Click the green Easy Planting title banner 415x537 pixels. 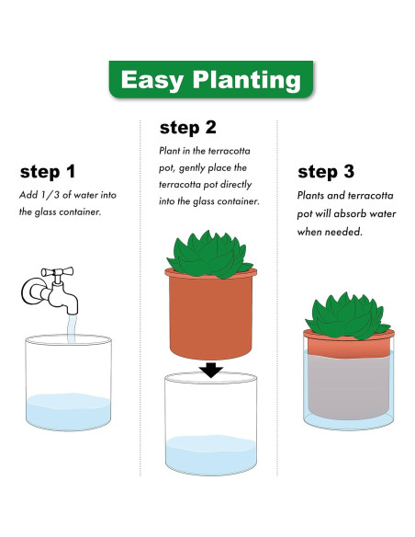[x=210, y=79]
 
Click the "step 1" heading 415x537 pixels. [x=48, y=172]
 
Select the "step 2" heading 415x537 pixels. [x=188, y=128]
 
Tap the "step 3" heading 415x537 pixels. [x=326, y=172]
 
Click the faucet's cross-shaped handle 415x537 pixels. [x=58, y=272]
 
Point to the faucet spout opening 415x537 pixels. [x=72, y=312]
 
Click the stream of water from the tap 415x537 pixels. [x=71, y=328]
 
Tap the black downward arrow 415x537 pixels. [x=211, y=370]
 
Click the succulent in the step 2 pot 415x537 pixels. [x=209, y=254]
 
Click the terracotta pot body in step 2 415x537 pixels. [x=210, y=315]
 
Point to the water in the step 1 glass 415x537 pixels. [x=68, y=412]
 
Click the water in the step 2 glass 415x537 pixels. [x=210, y=455]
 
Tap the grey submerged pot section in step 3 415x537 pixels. [x=348, y=387]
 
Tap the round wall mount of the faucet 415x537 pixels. [x=31, y=291]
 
